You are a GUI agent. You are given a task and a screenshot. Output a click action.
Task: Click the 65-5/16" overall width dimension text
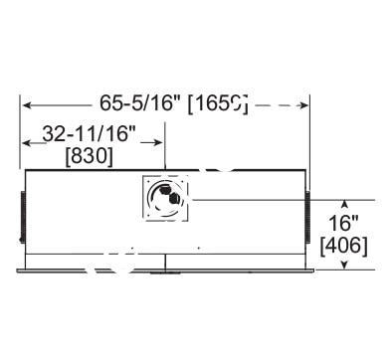138,103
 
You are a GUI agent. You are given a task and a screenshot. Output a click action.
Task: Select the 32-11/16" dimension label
90,133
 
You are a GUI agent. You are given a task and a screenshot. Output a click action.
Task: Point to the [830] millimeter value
89,156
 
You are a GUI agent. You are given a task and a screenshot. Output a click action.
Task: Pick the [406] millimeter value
343,244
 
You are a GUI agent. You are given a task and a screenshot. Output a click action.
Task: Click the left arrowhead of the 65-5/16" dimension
27,103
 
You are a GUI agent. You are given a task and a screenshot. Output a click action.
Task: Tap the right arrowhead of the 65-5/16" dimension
305,103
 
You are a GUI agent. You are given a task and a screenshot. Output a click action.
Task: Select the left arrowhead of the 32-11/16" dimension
27,144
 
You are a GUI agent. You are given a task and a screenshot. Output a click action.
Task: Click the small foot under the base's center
164,270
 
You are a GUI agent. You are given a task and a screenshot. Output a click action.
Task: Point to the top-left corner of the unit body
25,170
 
